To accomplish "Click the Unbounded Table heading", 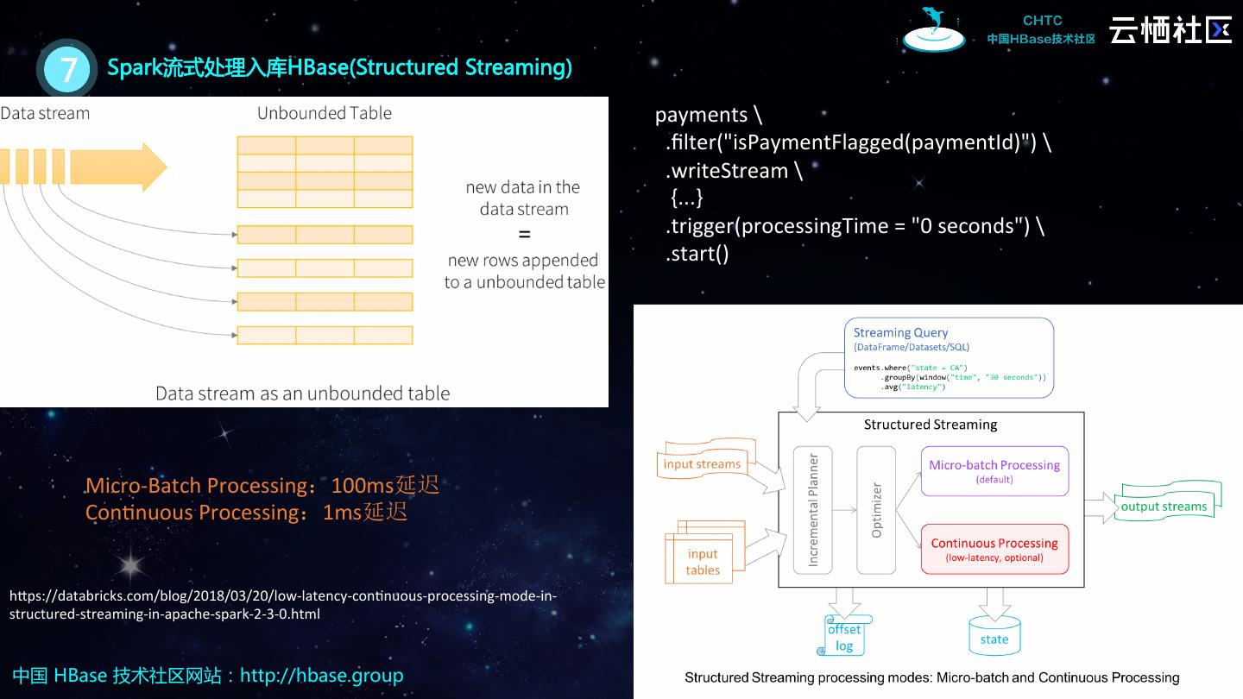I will (324, 113).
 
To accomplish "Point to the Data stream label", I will (45, 113).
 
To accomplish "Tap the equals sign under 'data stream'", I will (523, 234).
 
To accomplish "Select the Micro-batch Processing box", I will (994, 471).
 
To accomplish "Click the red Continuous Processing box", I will (994, 549).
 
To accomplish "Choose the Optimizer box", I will (876, 510).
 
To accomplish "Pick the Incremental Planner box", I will (812, 510).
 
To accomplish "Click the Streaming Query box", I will (949, 357).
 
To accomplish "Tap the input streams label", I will (702, 463).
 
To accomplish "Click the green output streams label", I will (1164, 507).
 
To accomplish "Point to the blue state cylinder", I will (994, 637).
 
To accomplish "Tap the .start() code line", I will (697, 254).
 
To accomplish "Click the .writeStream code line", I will (734, 171).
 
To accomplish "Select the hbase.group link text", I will (321, 675).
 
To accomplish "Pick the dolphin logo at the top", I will (934, 30).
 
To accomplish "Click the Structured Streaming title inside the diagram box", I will (931, 425).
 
